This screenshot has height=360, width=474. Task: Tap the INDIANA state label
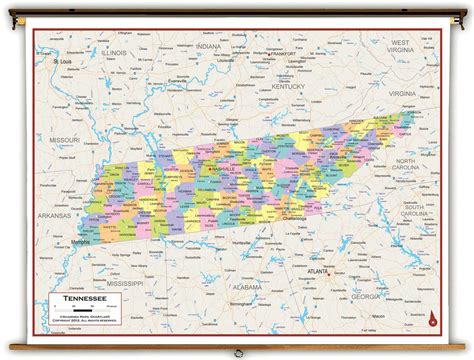click(208, 47)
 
